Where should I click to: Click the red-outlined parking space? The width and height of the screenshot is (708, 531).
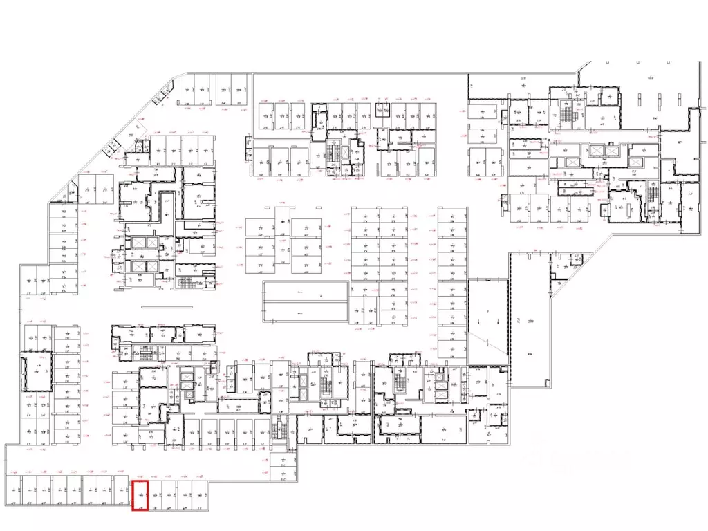tap(140, 495)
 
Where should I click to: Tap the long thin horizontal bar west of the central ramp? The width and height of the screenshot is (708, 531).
tap(181, 307)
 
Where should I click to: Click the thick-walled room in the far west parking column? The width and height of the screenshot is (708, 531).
tap(36, 372)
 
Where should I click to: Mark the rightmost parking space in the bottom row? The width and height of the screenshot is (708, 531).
tap(201, 495)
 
